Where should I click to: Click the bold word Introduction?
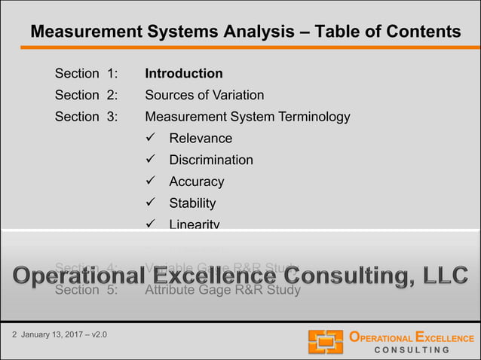click(x=183, y=74)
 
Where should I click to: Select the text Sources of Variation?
click(x=204, y=95)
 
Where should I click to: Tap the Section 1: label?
click(x=86, y=74)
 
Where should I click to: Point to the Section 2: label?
click(x=86, y=95)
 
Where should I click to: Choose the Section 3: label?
click(x=86, y=117)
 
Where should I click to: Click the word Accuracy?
click(x=196, y=182)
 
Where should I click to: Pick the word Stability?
click(x=192, y=203)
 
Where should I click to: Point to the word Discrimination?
click(x=210, y=160)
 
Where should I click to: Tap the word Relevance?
click(x=201, y=138)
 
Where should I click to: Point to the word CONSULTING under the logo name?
click(x=412, y=350)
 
